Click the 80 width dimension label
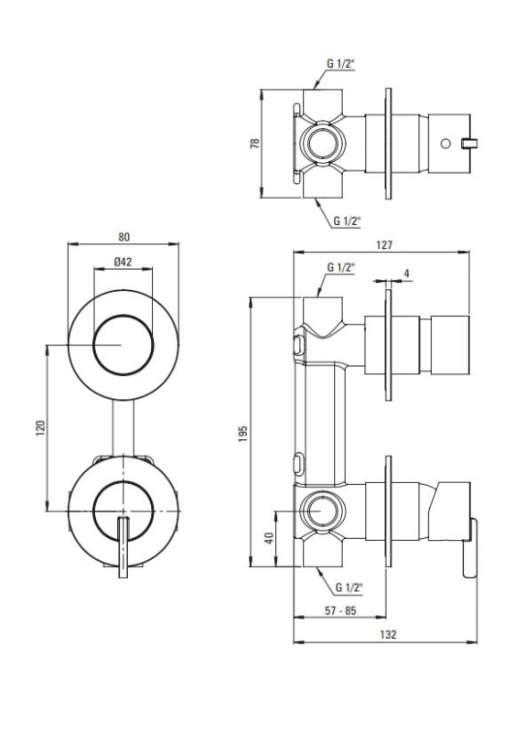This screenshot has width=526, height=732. tap(123, 237)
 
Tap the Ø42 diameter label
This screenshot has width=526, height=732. tap(123, 262)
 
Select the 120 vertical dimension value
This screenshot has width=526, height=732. tap(40, 428)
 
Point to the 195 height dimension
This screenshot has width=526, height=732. tap(242, 433)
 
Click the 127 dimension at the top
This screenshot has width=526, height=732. tap(384, 245)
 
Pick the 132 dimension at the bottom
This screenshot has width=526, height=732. tap(388, 634)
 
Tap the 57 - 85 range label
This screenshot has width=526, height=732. tap(340, 610)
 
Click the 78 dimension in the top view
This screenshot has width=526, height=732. tap(255, 144)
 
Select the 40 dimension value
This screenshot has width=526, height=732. tap(269, 538)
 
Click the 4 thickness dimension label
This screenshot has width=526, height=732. tap(406, 274)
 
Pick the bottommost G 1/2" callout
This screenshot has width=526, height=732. tap(349, 587)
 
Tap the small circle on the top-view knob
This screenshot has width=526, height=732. tap(445, 144)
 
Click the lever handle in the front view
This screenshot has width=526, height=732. tap(123, 547)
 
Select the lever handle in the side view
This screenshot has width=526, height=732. tap(469, 547)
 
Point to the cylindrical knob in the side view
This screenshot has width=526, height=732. tap(450, 345)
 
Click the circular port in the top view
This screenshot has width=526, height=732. tap(322, 144)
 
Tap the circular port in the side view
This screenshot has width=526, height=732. tap(322, 511)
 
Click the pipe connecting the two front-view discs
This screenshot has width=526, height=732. tap(123, 428)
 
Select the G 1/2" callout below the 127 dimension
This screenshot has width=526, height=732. tap(340, 267)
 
